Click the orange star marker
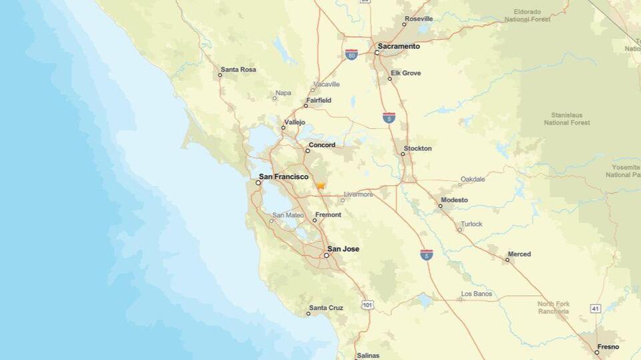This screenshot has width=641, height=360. tap(320, 186)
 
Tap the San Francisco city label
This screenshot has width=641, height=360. tap(284, 177)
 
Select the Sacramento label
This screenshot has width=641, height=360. tap(399, 47)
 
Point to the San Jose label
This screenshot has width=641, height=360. tap(343, 249)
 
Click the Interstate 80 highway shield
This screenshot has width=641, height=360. tap(351, 55)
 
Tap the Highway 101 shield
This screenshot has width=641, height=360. tap(368, 305)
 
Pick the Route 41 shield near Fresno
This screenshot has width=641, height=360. tap(595, 308)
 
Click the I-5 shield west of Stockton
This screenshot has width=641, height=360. tap(389, 118)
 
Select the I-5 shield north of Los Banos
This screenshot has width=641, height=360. tap(426, 254)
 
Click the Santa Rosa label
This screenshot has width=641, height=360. tap(238, 69)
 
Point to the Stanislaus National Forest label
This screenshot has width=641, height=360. tap(566, 119)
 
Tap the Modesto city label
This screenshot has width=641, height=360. tap(454, 200)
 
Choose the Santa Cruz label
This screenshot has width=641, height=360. tap(327, 308)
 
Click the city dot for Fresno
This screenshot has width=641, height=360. tap(597, 352)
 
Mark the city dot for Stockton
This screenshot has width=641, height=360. tap(403, 154)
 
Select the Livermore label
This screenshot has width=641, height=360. tap(357, 194)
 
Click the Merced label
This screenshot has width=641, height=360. tap(519, 254)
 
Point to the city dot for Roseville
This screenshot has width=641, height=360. tap(403, 25)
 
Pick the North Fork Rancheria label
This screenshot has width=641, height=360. tap(554, 308)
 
